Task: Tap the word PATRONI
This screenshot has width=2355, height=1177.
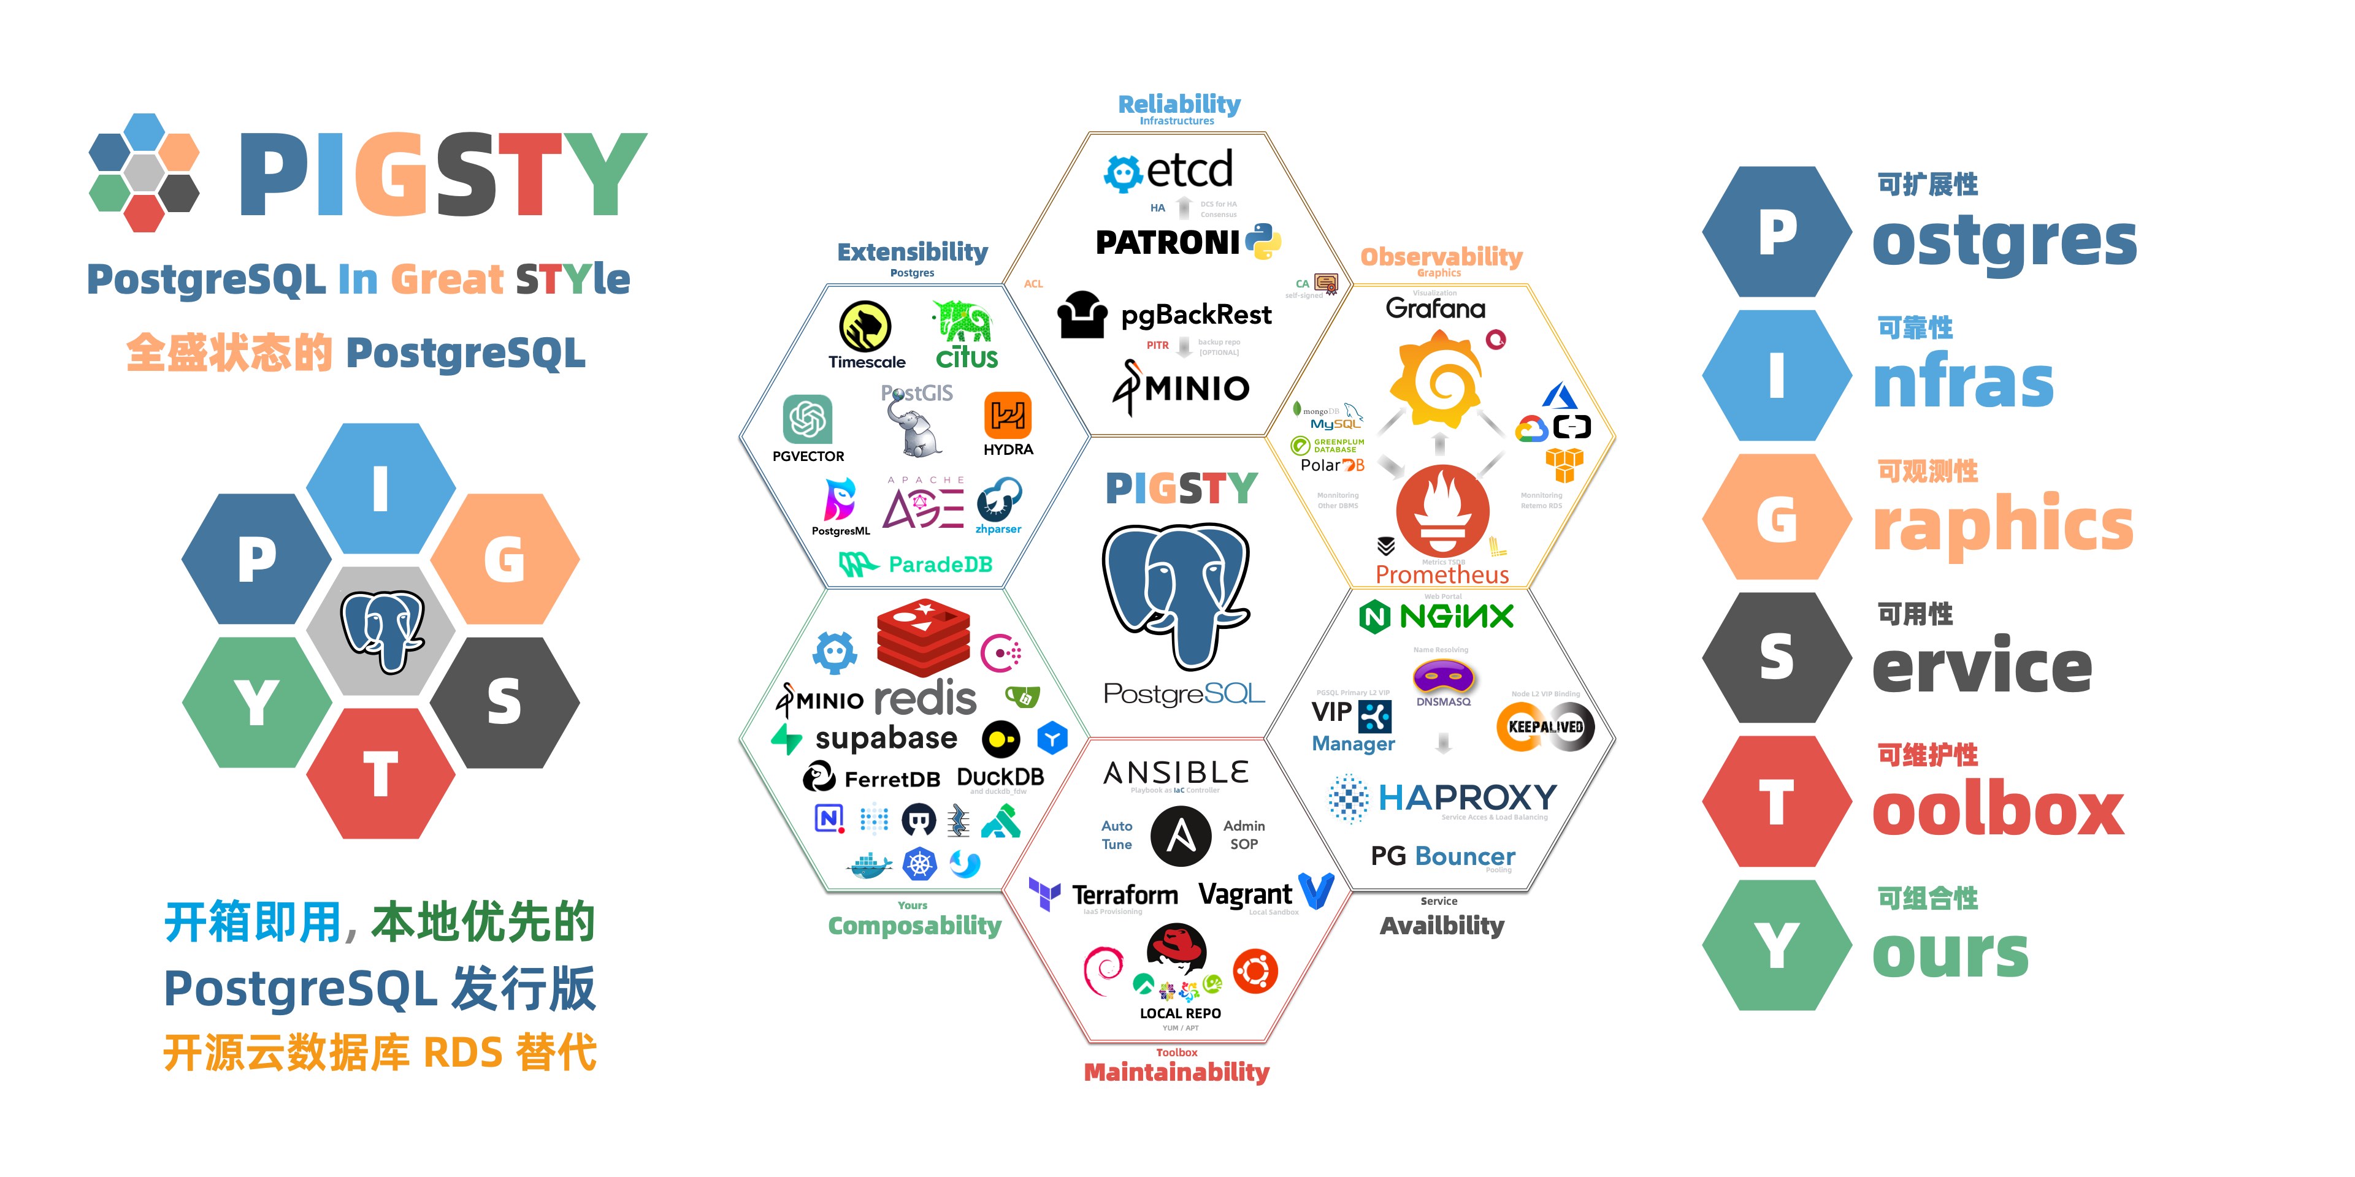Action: coord(1168,242)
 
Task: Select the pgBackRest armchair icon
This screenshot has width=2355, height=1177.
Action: coord(1082,315)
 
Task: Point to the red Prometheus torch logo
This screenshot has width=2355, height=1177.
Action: coord(1442,512)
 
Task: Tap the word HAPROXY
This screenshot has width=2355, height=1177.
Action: coord(1466,798)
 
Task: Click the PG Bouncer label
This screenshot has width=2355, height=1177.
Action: coord(1442,856)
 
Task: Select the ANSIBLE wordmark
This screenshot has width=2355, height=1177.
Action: coord(1176,773)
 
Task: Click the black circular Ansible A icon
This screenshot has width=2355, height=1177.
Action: coord(1180,835)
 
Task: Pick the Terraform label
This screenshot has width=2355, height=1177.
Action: coord(1125,894)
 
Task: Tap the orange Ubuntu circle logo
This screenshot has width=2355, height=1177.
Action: coord(1255,972)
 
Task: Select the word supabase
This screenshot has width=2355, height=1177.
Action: coord(885,737)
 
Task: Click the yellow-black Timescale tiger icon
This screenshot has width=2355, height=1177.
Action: coord(865,326)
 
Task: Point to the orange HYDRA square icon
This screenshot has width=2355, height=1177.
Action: coord(1008,416)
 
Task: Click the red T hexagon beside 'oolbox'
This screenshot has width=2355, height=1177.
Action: coord(1776,801)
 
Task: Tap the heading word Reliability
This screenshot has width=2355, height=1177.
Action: coord(1179,104)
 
